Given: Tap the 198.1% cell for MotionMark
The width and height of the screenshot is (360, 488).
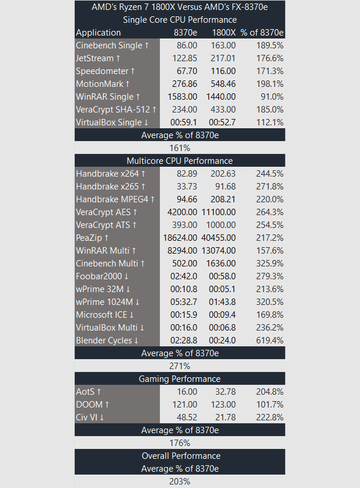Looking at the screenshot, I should (x=270, y=84).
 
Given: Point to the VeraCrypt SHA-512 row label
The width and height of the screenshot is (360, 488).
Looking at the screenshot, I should (x=116, y=110).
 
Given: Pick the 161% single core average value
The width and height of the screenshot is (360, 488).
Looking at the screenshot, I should (x=180, y=148).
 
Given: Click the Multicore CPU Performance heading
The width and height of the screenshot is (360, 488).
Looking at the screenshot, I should (x=180, y=161).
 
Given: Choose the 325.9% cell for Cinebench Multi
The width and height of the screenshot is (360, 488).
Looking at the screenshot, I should (x=270, y=264).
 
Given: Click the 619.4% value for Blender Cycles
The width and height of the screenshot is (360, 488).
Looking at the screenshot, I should (x=270, y=340).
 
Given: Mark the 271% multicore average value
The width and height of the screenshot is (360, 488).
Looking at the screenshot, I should (x=180, y=366).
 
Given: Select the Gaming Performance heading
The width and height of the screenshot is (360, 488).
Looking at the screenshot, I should (x=180, y=379).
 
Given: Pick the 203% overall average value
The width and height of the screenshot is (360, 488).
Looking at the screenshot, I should (x=180, y=482).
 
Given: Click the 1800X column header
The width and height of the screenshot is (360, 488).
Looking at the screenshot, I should (x=223, y=33).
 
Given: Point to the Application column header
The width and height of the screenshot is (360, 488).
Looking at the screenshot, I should (x=99, y=33).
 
